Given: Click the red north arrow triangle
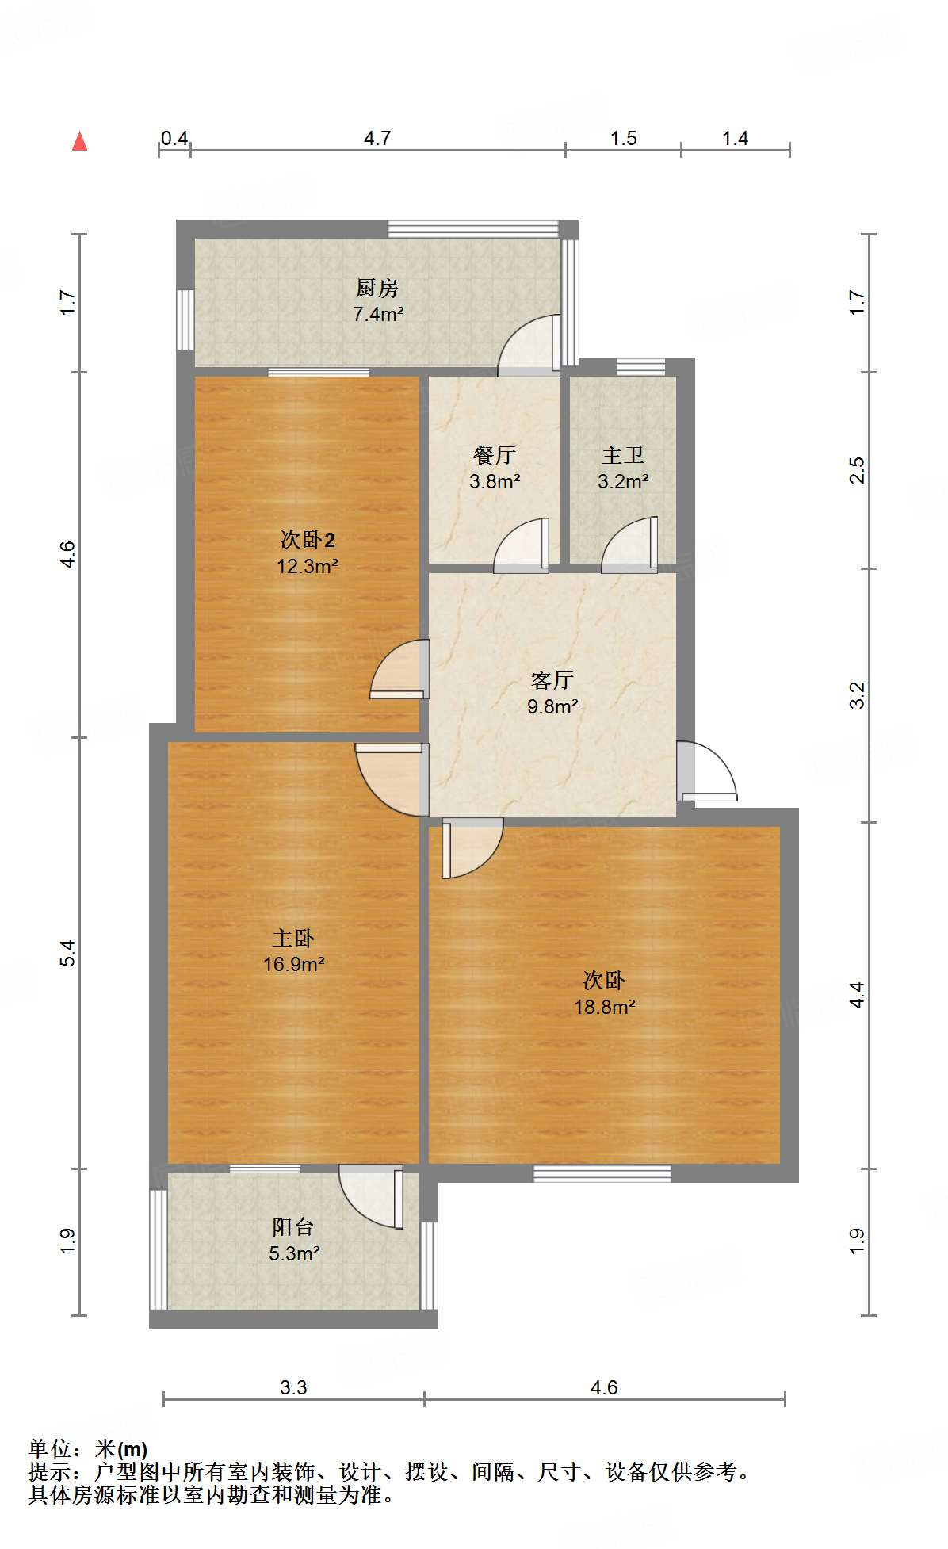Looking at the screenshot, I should tap(79, 141).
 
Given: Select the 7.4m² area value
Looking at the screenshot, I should tap(378, 314).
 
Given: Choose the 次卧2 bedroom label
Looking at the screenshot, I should tap(308, 540).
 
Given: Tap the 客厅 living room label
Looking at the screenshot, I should tap(552, 679).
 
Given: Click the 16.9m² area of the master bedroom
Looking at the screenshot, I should tap(294, 964).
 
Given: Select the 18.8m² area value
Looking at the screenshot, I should tap(605, 1007).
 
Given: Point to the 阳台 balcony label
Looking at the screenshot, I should tap(293, 1226).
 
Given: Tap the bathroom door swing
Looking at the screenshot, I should tap(630, 545).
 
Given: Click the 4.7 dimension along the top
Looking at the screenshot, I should tap(377, 138).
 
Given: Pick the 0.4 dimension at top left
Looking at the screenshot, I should tap(174, 138).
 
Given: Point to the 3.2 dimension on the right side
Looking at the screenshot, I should tap(857, 694).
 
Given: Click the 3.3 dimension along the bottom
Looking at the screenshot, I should tap(293, 1387).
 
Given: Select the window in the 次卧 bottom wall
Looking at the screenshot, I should tap(602, 1173).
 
